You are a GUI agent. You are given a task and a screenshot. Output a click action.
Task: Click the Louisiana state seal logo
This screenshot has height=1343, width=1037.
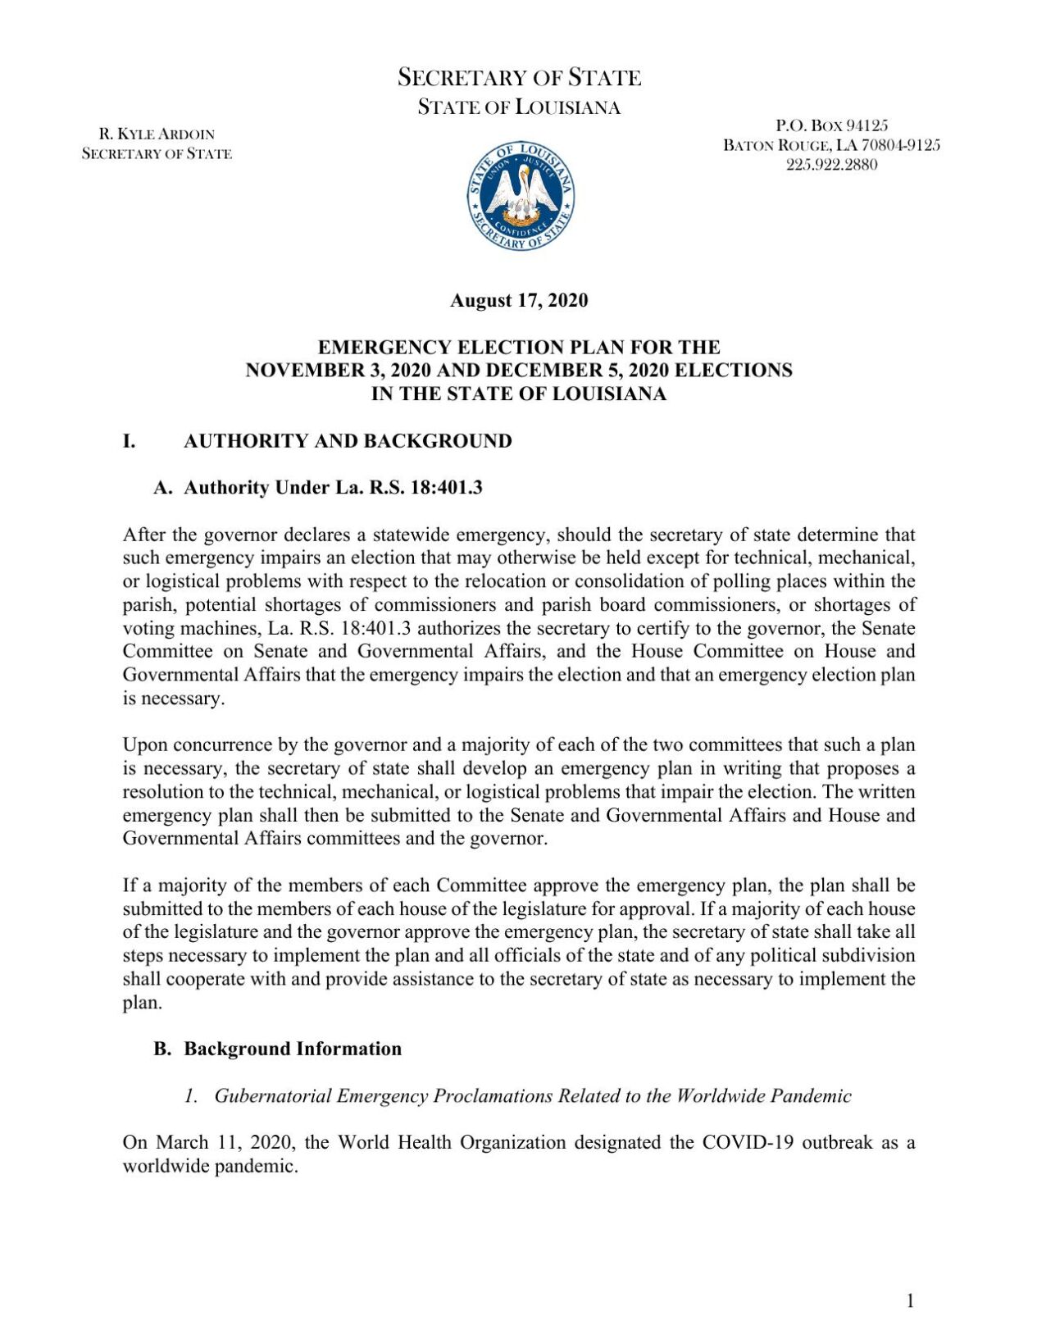pyautogui.click(x=520, y=195)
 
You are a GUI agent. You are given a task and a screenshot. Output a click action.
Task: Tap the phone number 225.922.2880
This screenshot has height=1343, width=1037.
pyautogui.click(x=831, y=164)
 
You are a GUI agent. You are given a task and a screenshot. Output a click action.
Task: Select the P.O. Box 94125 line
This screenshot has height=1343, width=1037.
pyautogui.click(x=831, y=125)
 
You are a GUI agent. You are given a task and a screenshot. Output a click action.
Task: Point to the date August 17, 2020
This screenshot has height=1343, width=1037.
pyautogui.click(x=519, y=300)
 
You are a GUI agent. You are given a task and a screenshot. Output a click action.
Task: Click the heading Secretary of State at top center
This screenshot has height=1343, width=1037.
pyautogui.click(x=519, y=78)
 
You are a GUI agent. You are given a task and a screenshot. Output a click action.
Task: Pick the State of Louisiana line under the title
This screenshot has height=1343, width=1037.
pyautogui.click(x=519, y=107)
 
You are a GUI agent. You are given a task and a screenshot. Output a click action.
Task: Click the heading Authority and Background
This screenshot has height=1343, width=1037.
pyautogui.click(x=348, y=441)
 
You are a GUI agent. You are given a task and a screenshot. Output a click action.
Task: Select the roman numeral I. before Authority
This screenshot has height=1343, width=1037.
pyautogui.click(x=129, y=441)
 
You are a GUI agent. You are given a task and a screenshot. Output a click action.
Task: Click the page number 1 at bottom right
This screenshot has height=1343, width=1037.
pyautogui.click(x=910, y=1300)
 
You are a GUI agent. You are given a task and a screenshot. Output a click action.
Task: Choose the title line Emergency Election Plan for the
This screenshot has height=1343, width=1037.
pyautogui.click(x=519, y=347)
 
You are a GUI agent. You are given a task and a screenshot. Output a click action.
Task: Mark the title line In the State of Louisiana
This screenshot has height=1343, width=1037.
pyautogui.click(x=519, y=394)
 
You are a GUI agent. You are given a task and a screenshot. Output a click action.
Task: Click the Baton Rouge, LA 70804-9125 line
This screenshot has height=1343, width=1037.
pyautogui.click(x=831, y=145)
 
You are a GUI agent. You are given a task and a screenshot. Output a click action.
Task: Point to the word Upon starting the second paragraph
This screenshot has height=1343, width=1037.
pyautogui.click(x=144, y=744)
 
